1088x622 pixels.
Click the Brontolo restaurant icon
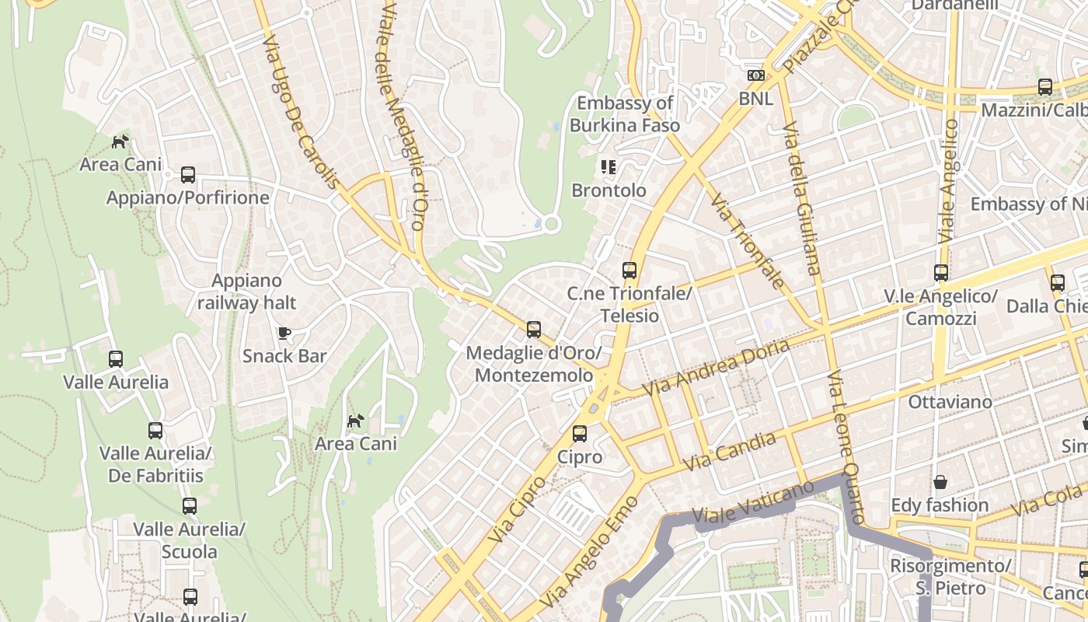608,166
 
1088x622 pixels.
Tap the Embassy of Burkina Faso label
625,114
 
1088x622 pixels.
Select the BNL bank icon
755,75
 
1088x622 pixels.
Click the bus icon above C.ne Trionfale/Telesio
629,271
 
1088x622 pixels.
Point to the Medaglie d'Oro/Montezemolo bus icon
533,329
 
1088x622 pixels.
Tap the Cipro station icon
580,434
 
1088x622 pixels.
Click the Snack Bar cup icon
284,333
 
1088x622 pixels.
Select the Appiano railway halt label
247,292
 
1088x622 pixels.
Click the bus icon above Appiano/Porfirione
188,174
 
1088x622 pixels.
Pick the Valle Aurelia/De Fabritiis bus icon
155,430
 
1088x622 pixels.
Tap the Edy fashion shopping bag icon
940,482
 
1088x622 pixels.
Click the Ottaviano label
950,402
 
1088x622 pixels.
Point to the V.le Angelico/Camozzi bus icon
941,273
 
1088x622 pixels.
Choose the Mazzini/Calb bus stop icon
1045,87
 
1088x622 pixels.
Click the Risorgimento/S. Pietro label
950,576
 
